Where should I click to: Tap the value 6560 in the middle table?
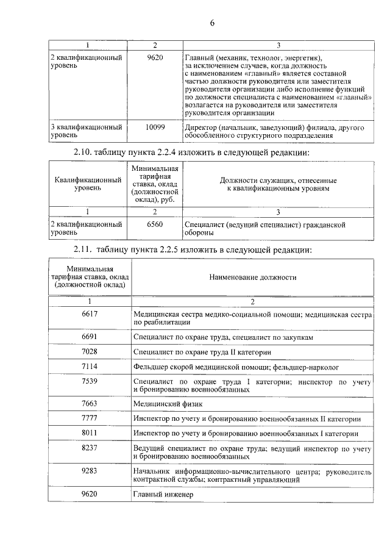click(155, 224)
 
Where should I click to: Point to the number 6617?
click(90, 314)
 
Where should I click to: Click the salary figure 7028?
click(90, 351)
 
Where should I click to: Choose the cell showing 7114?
click(90, 367)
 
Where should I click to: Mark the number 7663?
click(90, 403)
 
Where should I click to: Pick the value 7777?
click(90, 418)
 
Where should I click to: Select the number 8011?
click(90, 434)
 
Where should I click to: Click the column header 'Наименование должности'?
click(253, 278)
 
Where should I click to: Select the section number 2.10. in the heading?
click(85, 151)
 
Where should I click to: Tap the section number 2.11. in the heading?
click(85, 249)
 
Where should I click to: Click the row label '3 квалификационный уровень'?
click(85, 131)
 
